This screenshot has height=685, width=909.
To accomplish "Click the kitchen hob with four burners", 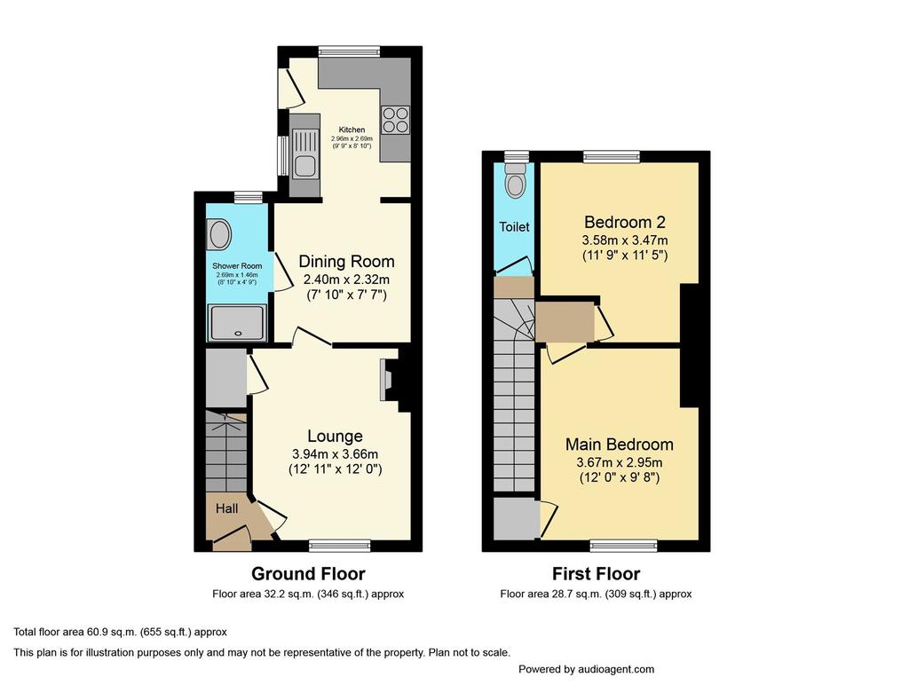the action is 395,121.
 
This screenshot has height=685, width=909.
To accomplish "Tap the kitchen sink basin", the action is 305,166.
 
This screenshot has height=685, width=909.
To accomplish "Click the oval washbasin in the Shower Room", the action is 220,235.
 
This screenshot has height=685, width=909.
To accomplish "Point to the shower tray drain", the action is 237,334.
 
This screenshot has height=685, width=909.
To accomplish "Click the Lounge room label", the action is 335,436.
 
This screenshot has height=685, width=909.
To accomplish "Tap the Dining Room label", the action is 347,262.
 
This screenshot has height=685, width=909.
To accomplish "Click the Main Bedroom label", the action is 620,445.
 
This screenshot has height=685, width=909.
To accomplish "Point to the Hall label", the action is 226,508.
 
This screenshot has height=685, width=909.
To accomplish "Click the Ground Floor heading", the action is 308,574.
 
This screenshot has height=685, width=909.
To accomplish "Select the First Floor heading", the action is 596,574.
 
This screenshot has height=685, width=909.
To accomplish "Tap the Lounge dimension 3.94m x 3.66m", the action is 335,453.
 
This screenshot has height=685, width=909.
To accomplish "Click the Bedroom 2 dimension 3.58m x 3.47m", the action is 625,240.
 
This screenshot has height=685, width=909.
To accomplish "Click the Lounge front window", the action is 340,545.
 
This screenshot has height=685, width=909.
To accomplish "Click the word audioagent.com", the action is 616,669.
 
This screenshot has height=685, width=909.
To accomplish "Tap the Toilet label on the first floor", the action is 514,226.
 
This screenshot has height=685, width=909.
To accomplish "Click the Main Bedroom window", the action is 624,545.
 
